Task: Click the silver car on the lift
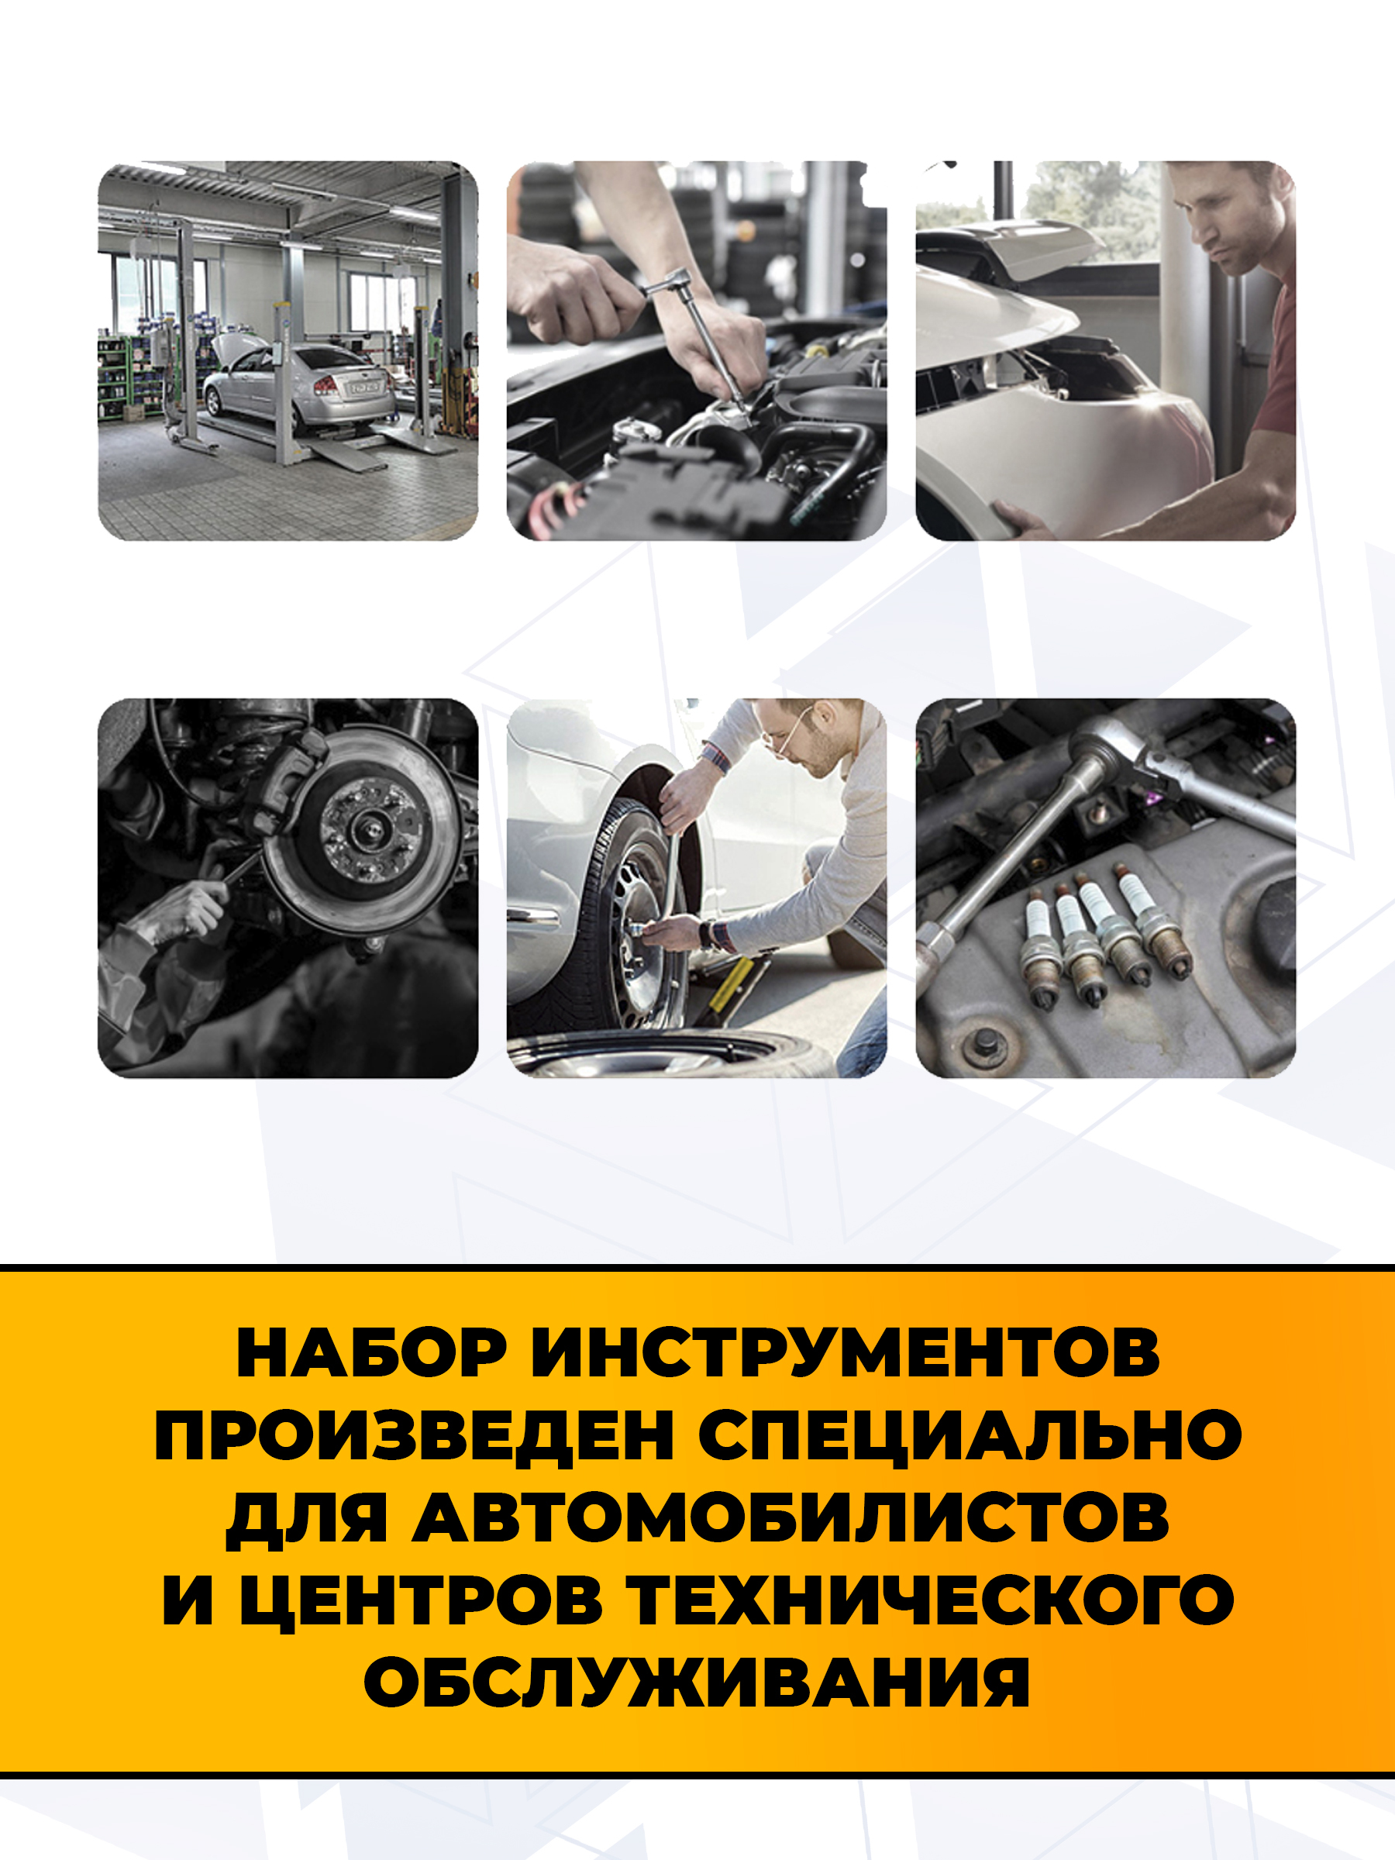[x=299, y=384]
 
